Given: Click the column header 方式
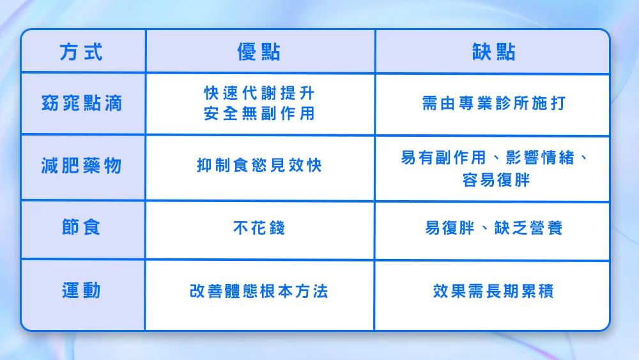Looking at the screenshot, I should click(x=81, y=52).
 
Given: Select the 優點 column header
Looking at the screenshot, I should click(x=259, y=52).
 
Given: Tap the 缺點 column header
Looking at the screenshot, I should click(x=493, y=52).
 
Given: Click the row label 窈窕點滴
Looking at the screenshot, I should click(x=81, y=104).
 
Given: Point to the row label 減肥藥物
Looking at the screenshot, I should click(x=81, y=166).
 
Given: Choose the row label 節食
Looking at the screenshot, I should click(x=81, y=228).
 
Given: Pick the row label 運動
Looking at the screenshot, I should click(x=81, y=291).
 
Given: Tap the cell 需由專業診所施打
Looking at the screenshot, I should click(x=493, y=104).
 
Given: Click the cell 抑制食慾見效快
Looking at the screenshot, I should click(x=259, y=166).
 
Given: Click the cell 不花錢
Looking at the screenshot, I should click(x=259, y=228).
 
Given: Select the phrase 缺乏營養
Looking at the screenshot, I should click(x=528, y=228).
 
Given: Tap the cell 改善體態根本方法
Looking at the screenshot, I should click(x=259, y=292).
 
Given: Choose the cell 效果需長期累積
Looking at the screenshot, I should click(x=493, y=292).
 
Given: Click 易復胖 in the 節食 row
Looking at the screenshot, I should click(x=449, y=228).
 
